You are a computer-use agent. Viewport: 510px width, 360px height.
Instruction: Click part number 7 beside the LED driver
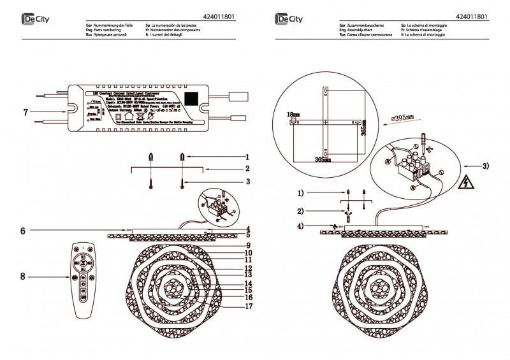[x=25, y=112]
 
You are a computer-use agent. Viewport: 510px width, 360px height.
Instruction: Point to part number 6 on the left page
[x=23, y=229]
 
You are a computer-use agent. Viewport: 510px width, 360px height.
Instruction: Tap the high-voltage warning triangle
[x=467, y=183]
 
